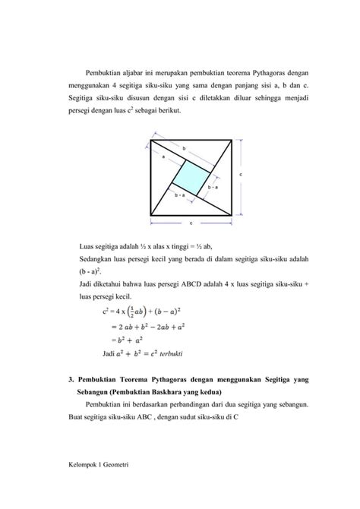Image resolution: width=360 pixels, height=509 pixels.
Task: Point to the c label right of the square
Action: coord(241,175)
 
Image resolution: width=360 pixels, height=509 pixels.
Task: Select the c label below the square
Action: coord(191,223)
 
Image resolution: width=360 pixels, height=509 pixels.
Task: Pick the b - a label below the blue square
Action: coord(180,196)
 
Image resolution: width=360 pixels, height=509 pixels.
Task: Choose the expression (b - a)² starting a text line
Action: coord(91,270)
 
